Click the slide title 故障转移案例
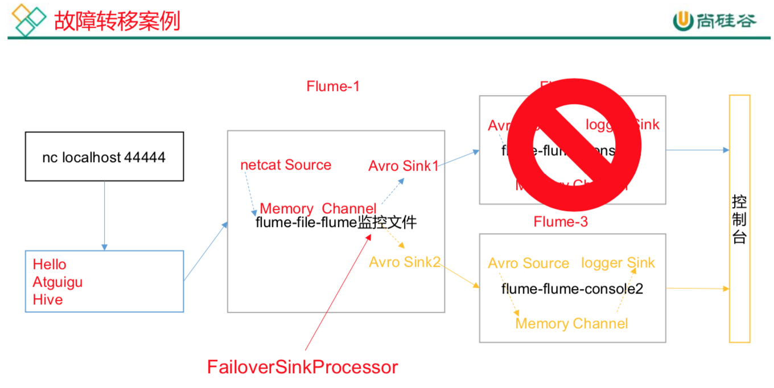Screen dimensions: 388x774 coord(117,21)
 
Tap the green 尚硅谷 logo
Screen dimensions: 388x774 coord(714,21)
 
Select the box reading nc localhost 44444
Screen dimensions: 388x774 coord(104,157)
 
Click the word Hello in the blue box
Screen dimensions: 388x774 coord(50,265)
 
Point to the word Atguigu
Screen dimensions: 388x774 coord(57,282)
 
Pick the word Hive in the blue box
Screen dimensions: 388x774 coord(48,300)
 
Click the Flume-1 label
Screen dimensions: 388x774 coord(333,86)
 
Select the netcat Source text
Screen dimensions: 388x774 coord(286,165)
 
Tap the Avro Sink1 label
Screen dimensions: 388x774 coord(404,166)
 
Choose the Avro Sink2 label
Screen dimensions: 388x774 coord(405,262)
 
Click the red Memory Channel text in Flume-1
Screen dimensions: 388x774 coord(318,209)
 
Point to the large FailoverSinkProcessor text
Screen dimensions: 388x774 coord(302,367)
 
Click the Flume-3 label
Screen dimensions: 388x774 coord(561,222)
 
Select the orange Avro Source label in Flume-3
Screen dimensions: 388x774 coord(528,263)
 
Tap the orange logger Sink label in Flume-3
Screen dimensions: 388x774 coord(617,263)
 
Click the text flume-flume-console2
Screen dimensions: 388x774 coord(572,289)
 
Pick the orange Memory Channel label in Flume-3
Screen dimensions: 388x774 coord(571,324)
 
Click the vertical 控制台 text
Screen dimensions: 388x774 coord(739,220)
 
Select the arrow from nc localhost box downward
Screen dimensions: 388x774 coord(104,215)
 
